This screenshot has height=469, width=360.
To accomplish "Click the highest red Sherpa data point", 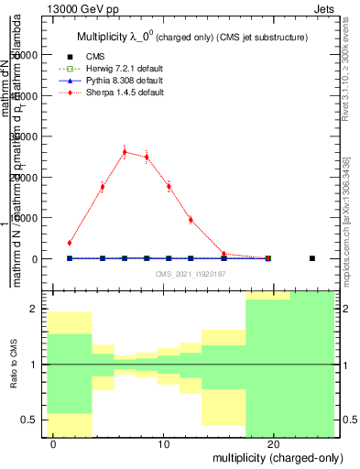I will pyautogui.click(x=125, y=152).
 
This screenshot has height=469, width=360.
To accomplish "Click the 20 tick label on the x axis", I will pyautogui.click(x=274, y=444).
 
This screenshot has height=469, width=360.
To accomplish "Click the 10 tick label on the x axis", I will pyautogui.click(x=163, y=444).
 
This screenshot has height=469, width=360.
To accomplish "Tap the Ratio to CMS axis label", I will pyautogui.click(x=13, y=364).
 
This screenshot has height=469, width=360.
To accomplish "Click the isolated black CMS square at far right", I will pyautogui.click(x=312, y=258).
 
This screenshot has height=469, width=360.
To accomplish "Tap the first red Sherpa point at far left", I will pyautogui.click(x=70, y=243).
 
